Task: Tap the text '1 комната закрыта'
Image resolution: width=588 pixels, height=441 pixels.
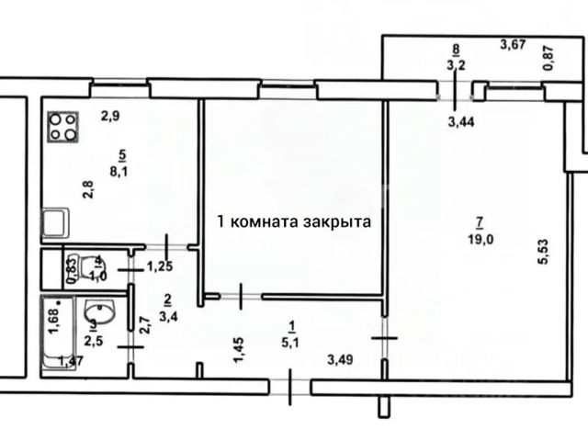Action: [292, 221]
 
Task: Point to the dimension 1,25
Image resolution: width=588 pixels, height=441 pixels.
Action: [161, 268]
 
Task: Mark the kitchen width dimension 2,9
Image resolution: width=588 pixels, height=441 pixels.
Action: [110, 116]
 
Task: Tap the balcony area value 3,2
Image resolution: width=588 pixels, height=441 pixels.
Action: [455, 65]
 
